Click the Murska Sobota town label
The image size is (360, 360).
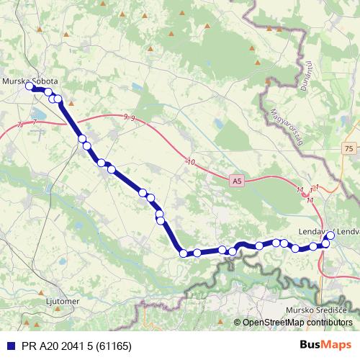click(x=31, y=81)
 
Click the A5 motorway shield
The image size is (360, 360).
click(x=237, y=182)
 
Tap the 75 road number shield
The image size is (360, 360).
click(x=349, y=148)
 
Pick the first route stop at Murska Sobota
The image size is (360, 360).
click(x=30, y=86)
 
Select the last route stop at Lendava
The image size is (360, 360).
click(x=330, y=235)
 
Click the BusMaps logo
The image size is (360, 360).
click(x=326, y=346)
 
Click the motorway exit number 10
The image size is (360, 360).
click(x=190, y=163)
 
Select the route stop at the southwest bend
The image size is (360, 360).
click(x=184, y=253)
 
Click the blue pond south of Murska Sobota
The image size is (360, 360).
click(x=36, y=114)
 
